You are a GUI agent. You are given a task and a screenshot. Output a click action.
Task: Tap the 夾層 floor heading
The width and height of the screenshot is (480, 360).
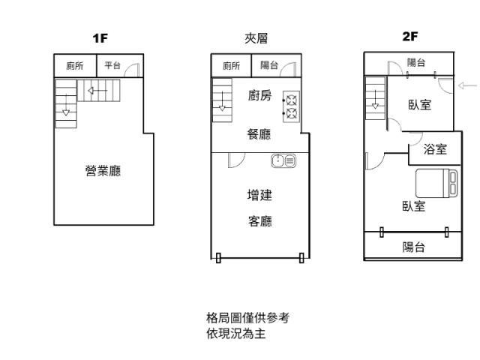click(x=256, y=38)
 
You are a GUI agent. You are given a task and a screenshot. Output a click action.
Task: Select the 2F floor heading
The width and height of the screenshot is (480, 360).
click(x=409, y=37)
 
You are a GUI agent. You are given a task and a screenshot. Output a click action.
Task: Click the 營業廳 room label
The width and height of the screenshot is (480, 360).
click(x=103, y=171)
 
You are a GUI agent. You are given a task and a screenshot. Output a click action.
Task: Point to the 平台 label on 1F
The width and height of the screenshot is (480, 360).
click(x=112, y=66)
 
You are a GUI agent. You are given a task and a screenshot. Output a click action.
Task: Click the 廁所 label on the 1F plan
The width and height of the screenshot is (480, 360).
click(x=75, y=66)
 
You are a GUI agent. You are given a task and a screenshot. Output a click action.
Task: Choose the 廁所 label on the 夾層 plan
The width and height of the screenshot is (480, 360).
click(x=231, y=66)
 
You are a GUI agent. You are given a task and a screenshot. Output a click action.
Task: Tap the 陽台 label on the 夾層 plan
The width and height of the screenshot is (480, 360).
click(x=269, y=66)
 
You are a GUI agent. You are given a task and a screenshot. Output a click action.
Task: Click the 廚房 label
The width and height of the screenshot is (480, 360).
click(x=259, y=95)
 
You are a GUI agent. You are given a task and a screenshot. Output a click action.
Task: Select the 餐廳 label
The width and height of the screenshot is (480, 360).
click(x=259, y=135)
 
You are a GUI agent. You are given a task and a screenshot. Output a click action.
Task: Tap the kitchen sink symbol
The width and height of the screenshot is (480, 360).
click(x=284, y=159)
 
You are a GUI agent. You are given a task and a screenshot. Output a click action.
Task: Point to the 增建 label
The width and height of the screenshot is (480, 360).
click(x=259, y=195)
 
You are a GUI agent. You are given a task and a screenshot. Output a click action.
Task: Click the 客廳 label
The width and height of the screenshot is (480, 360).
click(x=259, y=220)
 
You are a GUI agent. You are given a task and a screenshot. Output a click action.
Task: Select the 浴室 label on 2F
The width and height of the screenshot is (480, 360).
click(x=435, y=149)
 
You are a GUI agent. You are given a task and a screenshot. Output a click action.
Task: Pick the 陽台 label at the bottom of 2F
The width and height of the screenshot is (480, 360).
click(x=413, y=247)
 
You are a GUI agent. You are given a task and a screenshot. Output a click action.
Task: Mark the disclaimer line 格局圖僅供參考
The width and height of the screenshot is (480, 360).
click(x=247, y=318)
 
